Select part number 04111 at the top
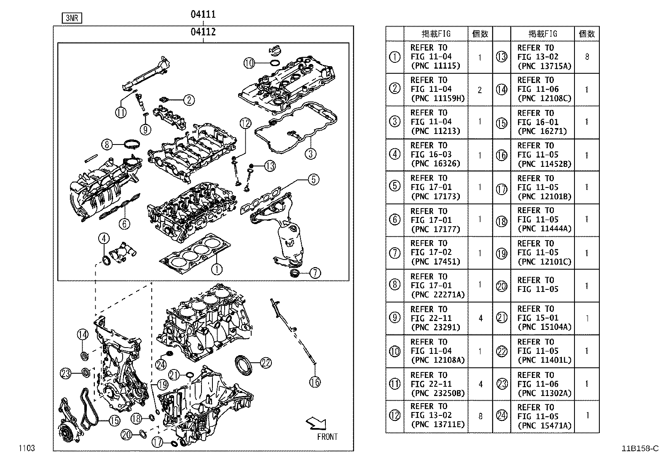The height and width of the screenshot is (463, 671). coord(203,14)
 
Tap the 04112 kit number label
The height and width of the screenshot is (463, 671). coord(203,32)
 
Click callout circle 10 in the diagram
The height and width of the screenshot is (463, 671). coord(250,63)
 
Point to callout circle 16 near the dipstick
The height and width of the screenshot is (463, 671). coord(315,382)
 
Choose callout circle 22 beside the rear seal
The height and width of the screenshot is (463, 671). coord(266,363)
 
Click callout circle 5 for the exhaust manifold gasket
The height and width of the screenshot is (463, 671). coord(313,179)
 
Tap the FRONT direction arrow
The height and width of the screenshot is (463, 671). coord(317,423)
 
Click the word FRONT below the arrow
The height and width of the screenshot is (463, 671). coord(327,437)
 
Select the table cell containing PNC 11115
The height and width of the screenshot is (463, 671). coord(435,57)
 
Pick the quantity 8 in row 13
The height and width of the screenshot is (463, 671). coord(587,57)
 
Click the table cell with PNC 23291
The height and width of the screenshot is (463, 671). coord(435,318)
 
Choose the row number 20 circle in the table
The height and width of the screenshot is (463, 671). coord(502,286)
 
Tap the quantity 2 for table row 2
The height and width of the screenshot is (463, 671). coord(480,90)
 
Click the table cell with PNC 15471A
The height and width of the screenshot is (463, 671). coord(542,417)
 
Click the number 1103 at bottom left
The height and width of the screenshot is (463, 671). coord(26,448)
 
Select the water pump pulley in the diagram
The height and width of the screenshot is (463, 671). coord(66,434)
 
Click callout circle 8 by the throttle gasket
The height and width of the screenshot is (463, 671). coord(107,145)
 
